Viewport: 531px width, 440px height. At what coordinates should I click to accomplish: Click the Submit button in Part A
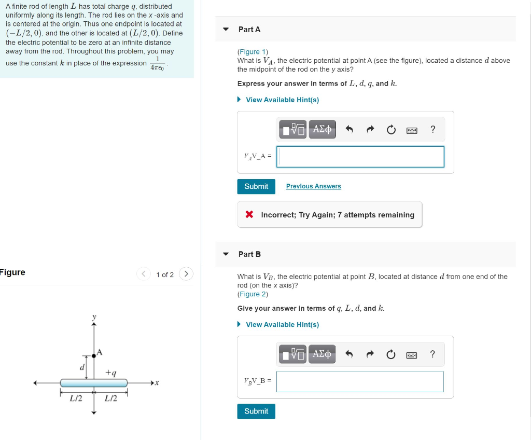coord(256,186)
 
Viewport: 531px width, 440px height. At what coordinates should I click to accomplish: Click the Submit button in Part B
coord(256,411)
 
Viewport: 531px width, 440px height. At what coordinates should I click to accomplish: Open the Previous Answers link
coord(313,186)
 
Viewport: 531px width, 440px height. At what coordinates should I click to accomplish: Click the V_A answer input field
coord(360,157)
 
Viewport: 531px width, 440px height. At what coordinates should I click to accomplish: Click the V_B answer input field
coord(360,381)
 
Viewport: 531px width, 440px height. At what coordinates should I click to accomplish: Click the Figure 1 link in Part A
coord(252,52)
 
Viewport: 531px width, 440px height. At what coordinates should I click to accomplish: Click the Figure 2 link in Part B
coord(252,294)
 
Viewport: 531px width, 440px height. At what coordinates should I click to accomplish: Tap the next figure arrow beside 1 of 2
coord(186,274)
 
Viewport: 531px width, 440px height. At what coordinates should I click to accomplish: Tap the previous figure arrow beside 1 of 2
coord(144,274)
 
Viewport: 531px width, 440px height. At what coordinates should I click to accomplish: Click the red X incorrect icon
coord(249,215)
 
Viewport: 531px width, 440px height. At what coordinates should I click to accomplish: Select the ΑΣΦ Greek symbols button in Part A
coord(322,129)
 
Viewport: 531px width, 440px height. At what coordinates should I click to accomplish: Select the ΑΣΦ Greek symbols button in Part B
coord(322,354)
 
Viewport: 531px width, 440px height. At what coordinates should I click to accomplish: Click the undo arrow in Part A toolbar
coord(350,129)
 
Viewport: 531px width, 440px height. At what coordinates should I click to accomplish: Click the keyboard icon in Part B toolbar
coord(412,355)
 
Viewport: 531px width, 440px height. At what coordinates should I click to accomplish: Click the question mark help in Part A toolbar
coord(433,129)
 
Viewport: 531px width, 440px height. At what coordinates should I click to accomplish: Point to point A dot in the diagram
coord(94,355)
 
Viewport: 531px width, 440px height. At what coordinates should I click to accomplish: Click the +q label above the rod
coord(110,373)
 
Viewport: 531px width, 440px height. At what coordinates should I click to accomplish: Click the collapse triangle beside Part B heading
coord(226,254)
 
